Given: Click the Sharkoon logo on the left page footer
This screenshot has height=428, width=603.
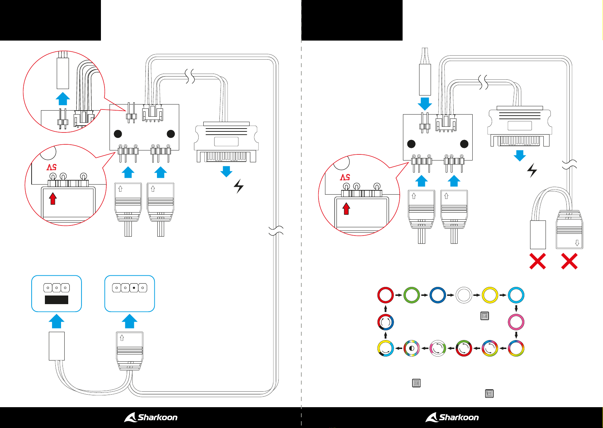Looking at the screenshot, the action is point(151,417).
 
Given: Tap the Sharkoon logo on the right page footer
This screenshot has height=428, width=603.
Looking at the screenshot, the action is point(452,417).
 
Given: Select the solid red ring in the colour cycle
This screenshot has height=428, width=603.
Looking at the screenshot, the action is point(385,295).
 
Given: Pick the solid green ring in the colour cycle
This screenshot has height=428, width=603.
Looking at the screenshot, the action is point(412,295).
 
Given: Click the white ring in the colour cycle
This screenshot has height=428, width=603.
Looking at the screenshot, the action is point(464,295).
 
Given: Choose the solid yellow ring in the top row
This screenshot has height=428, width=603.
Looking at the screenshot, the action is point(490,295).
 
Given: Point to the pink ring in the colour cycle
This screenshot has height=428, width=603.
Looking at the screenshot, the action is point(516,322).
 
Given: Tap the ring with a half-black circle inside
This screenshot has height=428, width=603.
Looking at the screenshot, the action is point(412,348).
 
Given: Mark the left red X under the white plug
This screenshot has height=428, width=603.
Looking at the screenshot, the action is point(538,261).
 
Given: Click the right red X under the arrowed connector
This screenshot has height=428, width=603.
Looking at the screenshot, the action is point(569,261).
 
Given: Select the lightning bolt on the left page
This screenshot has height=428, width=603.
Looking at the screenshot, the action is point(239,186).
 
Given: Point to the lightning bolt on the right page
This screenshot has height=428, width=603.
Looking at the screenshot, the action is point(532,171).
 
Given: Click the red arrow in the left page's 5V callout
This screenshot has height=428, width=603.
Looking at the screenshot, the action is point(53,199).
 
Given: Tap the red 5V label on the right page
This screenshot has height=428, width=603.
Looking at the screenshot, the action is point(345,177).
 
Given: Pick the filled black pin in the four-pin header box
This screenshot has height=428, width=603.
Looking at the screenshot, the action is point(134,288).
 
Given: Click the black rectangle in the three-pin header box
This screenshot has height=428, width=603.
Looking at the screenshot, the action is point(56,300).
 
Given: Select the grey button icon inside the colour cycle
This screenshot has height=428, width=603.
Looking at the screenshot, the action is point(484,316).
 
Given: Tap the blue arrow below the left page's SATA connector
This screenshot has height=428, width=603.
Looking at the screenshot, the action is point(226,172).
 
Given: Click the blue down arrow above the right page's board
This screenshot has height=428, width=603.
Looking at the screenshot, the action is point(425,104).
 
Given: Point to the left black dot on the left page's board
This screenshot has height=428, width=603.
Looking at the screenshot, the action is point(118,134).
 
